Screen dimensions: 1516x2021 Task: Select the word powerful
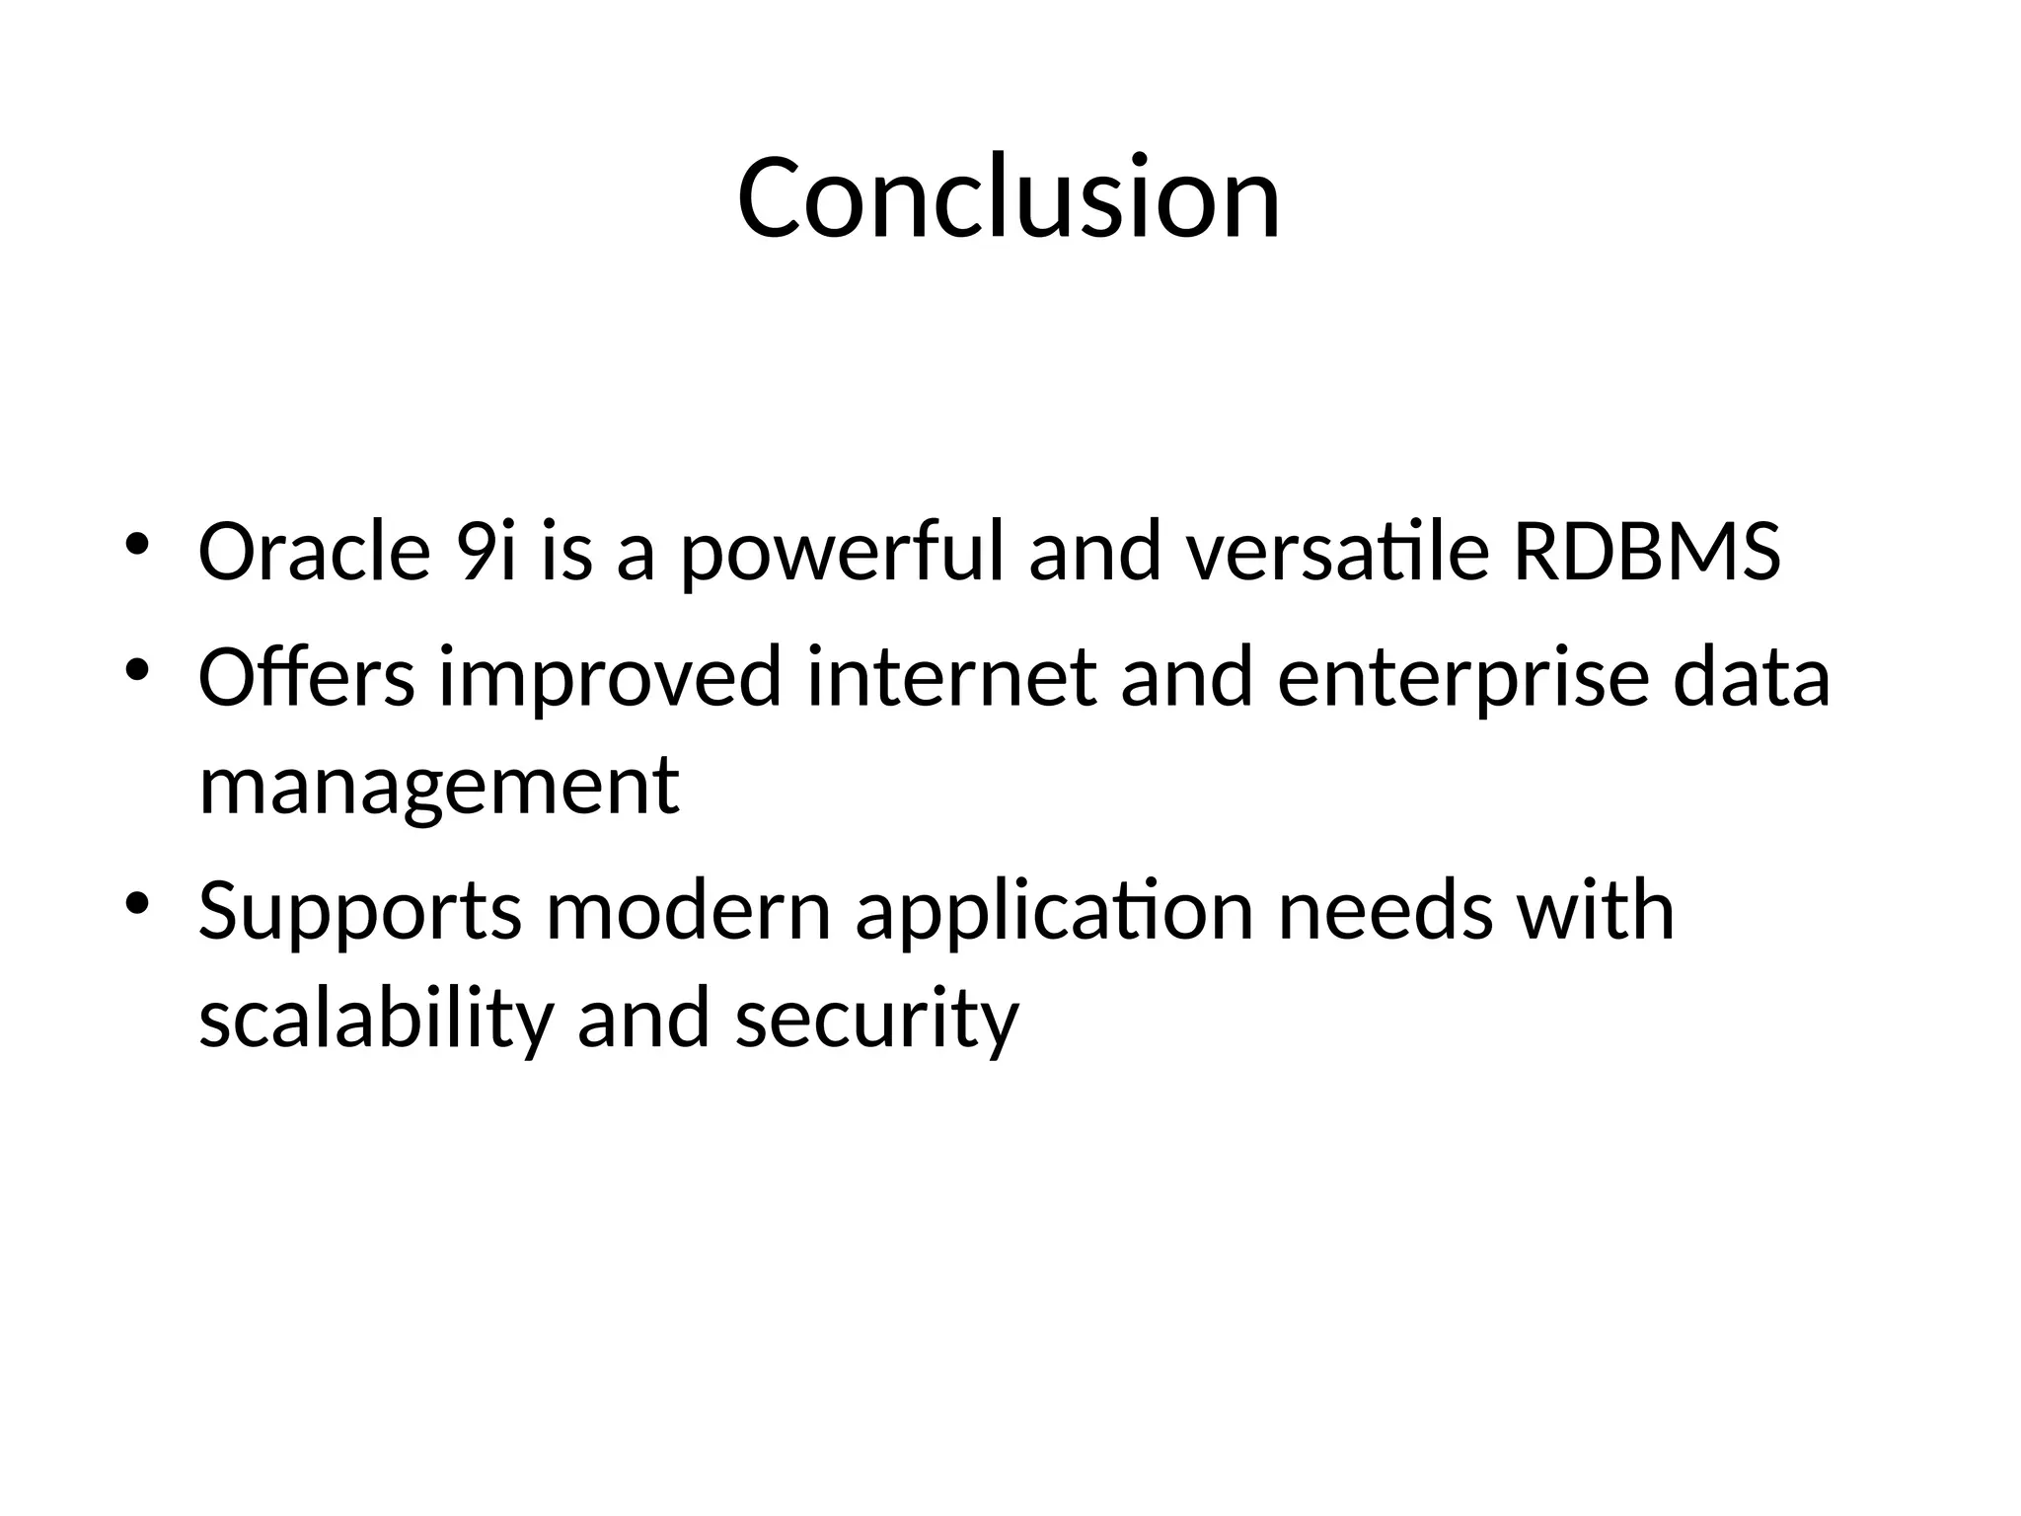[841, 553]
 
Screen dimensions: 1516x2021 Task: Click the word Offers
[306, 677]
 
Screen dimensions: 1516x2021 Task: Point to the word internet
[951, 677]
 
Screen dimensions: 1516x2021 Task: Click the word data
[1751, 677]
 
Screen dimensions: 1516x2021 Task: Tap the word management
[438, 788]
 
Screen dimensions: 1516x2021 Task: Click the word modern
[688, 910]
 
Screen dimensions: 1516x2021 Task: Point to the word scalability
[375, 1021]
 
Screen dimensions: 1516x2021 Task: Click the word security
[876, 1021]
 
